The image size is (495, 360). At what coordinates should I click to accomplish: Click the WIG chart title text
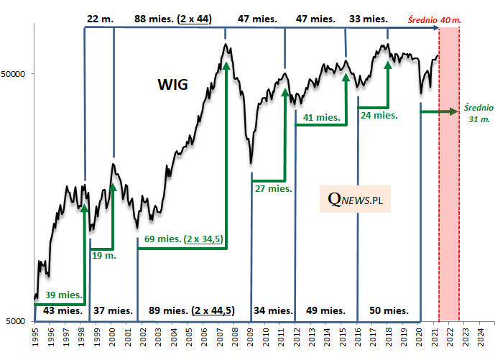click(172, 85)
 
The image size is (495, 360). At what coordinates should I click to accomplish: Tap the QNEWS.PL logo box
click(355, 200)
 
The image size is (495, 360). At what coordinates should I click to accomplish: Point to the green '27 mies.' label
click(273, 188)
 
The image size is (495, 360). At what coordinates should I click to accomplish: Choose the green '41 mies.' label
click(322, 117)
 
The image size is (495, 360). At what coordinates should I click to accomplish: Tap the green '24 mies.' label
click(379, 114)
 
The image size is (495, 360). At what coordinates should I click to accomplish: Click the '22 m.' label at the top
click(99, 19)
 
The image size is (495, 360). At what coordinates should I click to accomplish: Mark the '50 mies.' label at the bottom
click(389, 310)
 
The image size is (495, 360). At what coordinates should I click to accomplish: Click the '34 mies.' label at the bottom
click(273, 310)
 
